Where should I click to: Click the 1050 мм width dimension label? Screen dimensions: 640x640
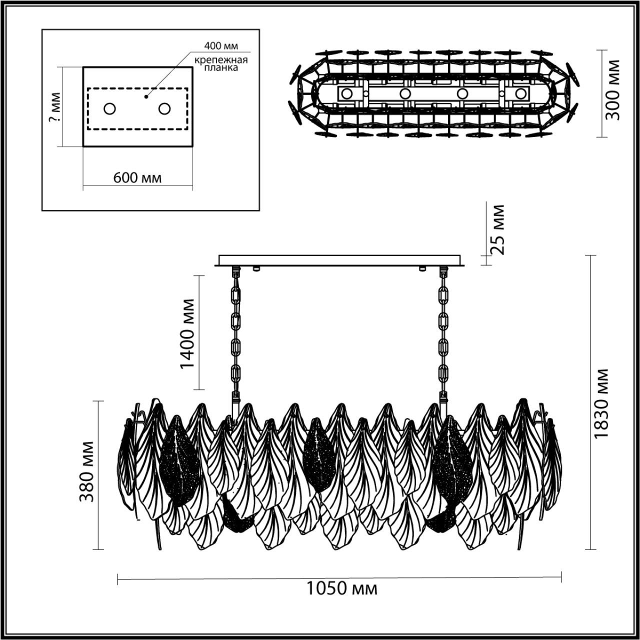pos(341,589)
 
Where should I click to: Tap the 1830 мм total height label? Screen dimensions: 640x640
pos(601,403)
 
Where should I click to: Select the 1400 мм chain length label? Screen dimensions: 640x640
pos(187,333)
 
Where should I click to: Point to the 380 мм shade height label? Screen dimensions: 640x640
pos(86,471)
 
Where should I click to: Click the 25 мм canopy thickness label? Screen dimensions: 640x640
pos(497,229)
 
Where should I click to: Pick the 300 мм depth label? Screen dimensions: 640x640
pos(612,90)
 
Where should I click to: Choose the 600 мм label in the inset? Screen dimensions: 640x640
pos(137,177)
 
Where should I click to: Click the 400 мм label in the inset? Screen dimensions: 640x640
pos(220,46)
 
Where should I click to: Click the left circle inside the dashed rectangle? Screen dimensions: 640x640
pos(109,108)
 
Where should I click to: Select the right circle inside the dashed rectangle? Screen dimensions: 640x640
pos(164,108)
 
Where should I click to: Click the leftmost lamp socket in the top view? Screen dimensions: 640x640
pos(346,93)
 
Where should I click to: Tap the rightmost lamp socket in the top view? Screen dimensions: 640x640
pos(521,93)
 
